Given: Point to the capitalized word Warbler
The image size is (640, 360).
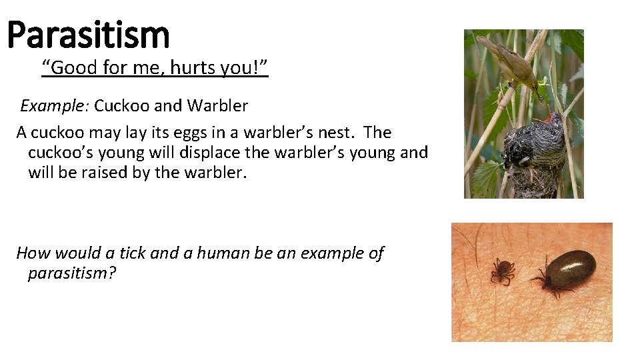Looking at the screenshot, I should tap(218, 105).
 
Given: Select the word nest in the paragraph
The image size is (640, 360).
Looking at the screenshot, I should tap(341, 132).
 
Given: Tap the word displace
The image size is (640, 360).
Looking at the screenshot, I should tap(208, 153).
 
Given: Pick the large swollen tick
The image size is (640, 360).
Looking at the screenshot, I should tap(567, 271).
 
